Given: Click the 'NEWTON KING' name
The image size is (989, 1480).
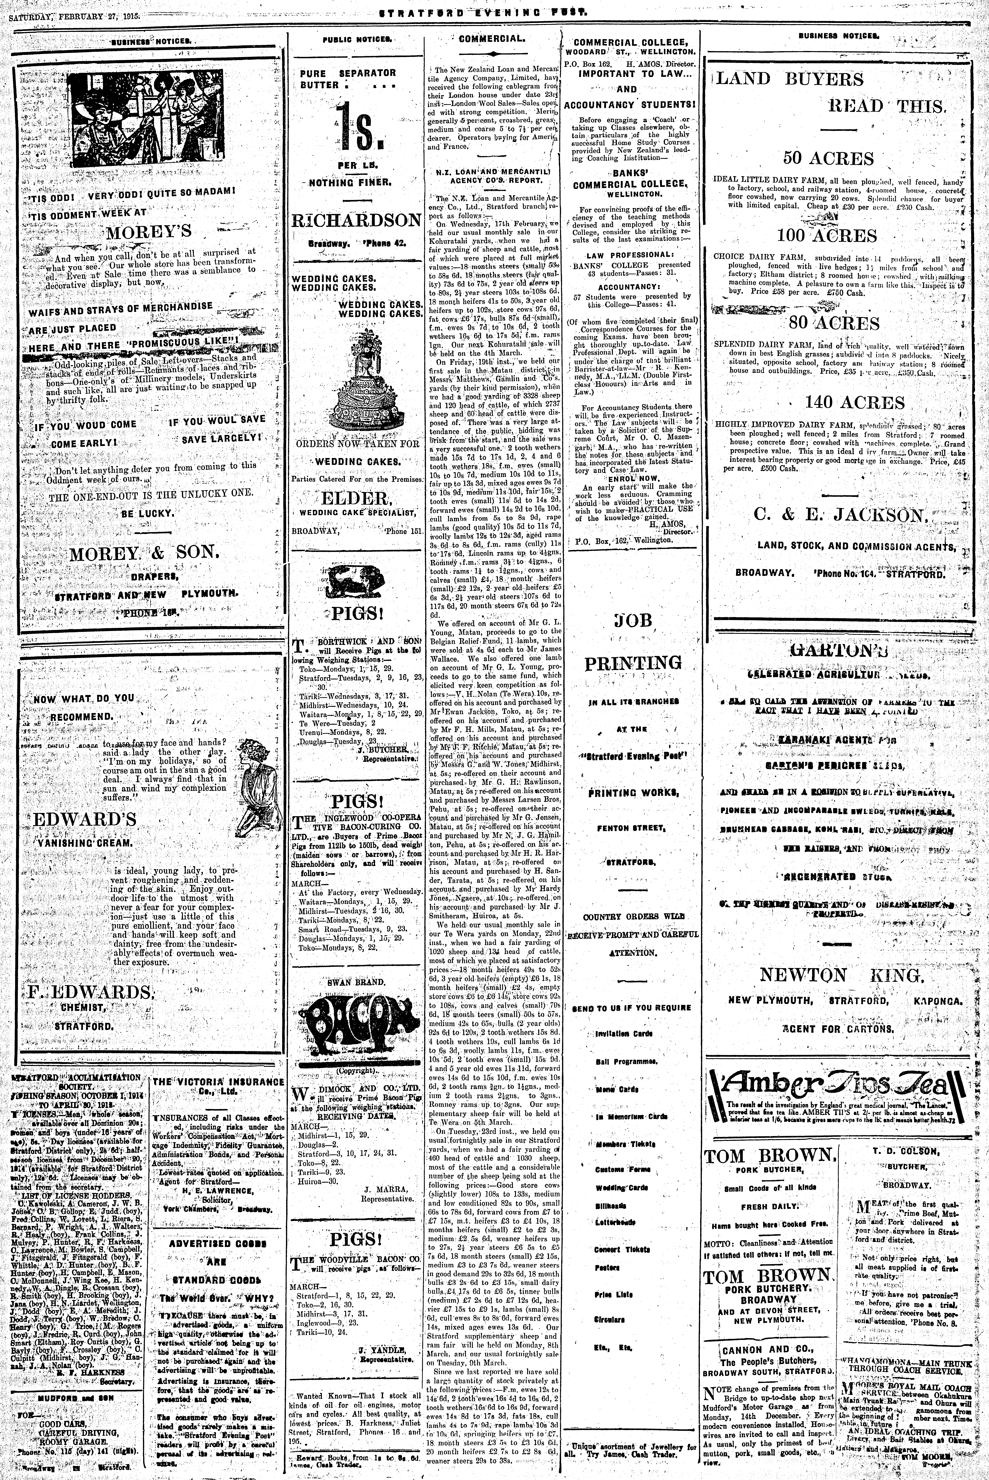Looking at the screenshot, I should click(841, 975).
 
